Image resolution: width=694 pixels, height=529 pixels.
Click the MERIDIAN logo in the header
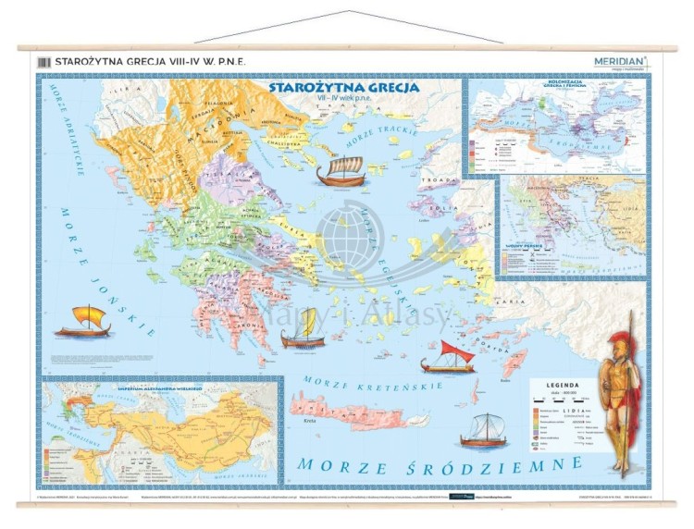pyautogui.click(x=621, y=61)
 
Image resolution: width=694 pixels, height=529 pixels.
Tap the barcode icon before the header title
pyautogui.click(x=42, y=62)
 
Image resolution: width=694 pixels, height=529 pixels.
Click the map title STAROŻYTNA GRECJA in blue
pyautogui.click(x=343, y=88)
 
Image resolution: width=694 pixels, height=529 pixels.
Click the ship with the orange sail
pyautogui.click(x=82, y=321)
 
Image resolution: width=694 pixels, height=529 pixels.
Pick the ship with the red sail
pyautogui.click(x=448, y=356)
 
